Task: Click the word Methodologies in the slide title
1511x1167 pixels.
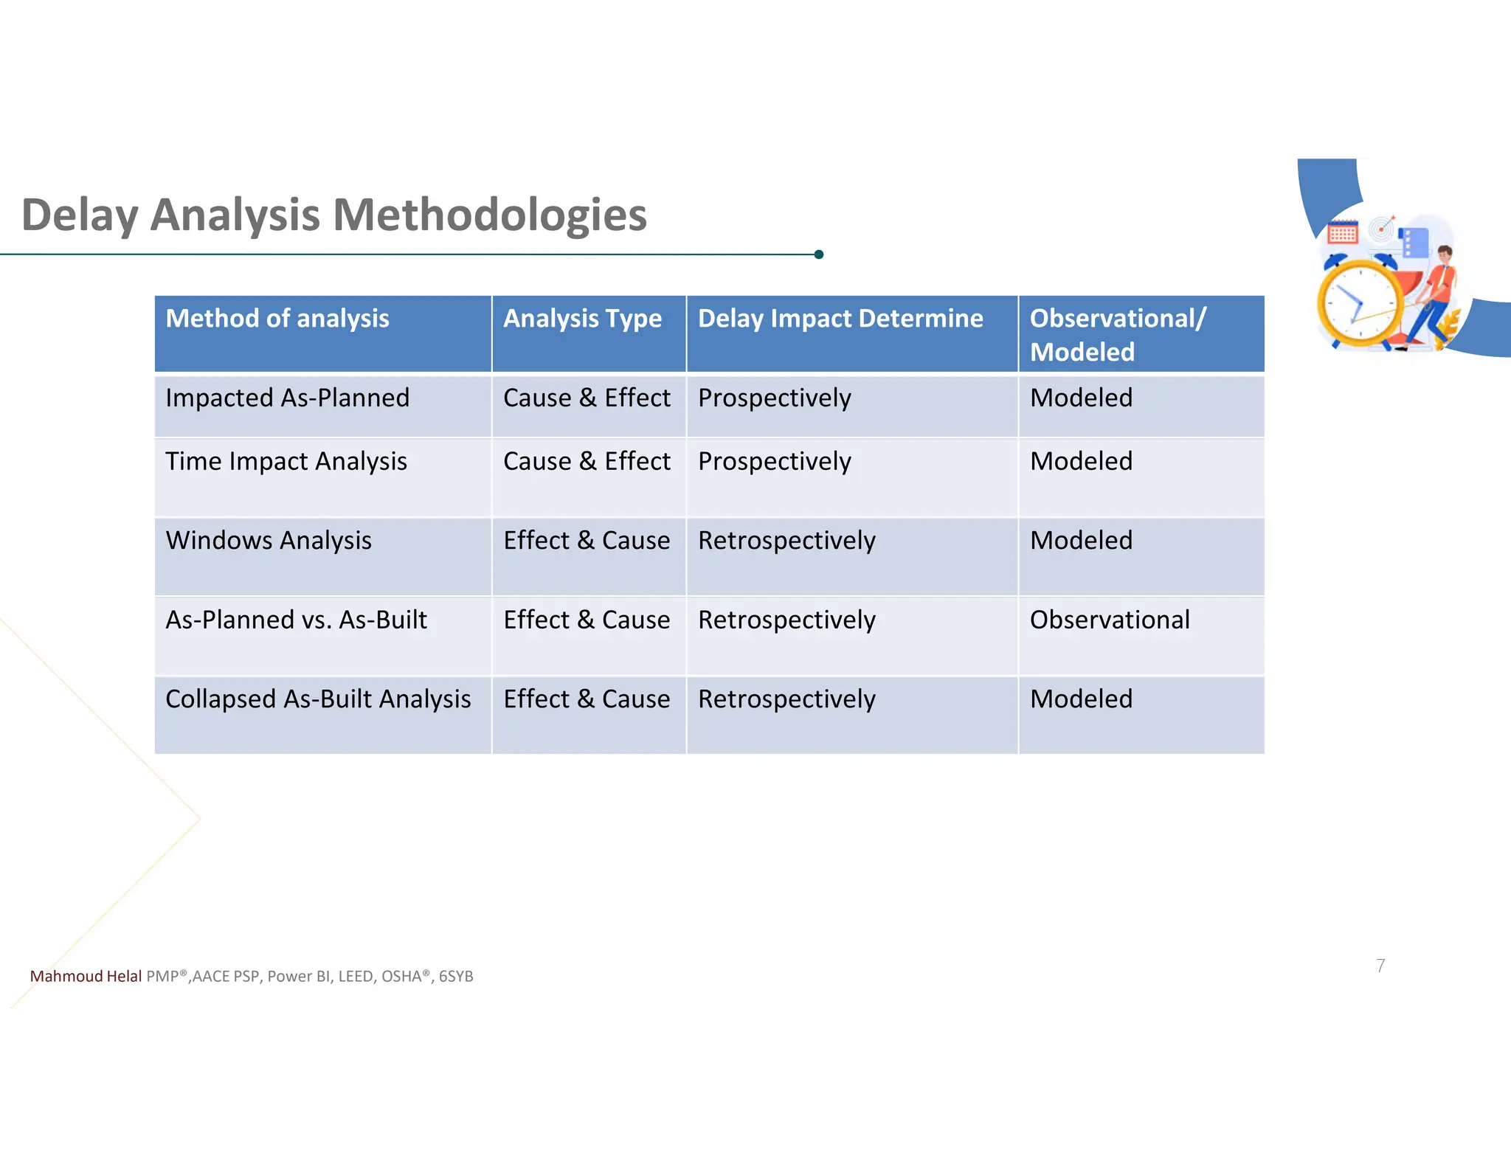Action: pos(489,215)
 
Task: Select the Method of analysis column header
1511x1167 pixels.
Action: pos(277,319)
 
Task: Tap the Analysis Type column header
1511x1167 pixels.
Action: pos(582,319)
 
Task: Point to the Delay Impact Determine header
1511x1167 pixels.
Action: pos(840,319)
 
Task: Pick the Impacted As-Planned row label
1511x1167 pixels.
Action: pos(287,398)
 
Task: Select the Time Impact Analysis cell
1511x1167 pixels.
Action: pos(286,462)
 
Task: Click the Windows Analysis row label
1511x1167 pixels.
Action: pos(269,541)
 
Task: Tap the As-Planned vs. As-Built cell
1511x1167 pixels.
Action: pos(296,620)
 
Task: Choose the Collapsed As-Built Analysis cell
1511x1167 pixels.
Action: pos(318,699)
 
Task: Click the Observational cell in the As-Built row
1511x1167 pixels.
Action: pos(1110,620)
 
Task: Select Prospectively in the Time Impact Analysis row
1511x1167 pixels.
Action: pos(774,462)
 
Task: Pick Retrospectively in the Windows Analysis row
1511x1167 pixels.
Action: pos(786,541)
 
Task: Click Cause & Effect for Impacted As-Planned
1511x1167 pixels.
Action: pos(587,398)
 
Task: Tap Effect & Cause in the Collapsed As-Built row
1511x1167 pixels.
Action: pos(587,699)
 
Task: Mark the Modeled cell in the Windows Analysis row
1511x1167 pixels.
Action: pos(1081,541)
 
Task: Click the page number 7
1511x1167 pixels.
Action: pos(1380,966)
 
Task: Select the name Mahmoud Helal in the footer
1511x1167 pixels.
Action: pos(86,977)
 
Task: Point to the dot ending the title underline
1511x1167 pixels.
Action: pos(819,254)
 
